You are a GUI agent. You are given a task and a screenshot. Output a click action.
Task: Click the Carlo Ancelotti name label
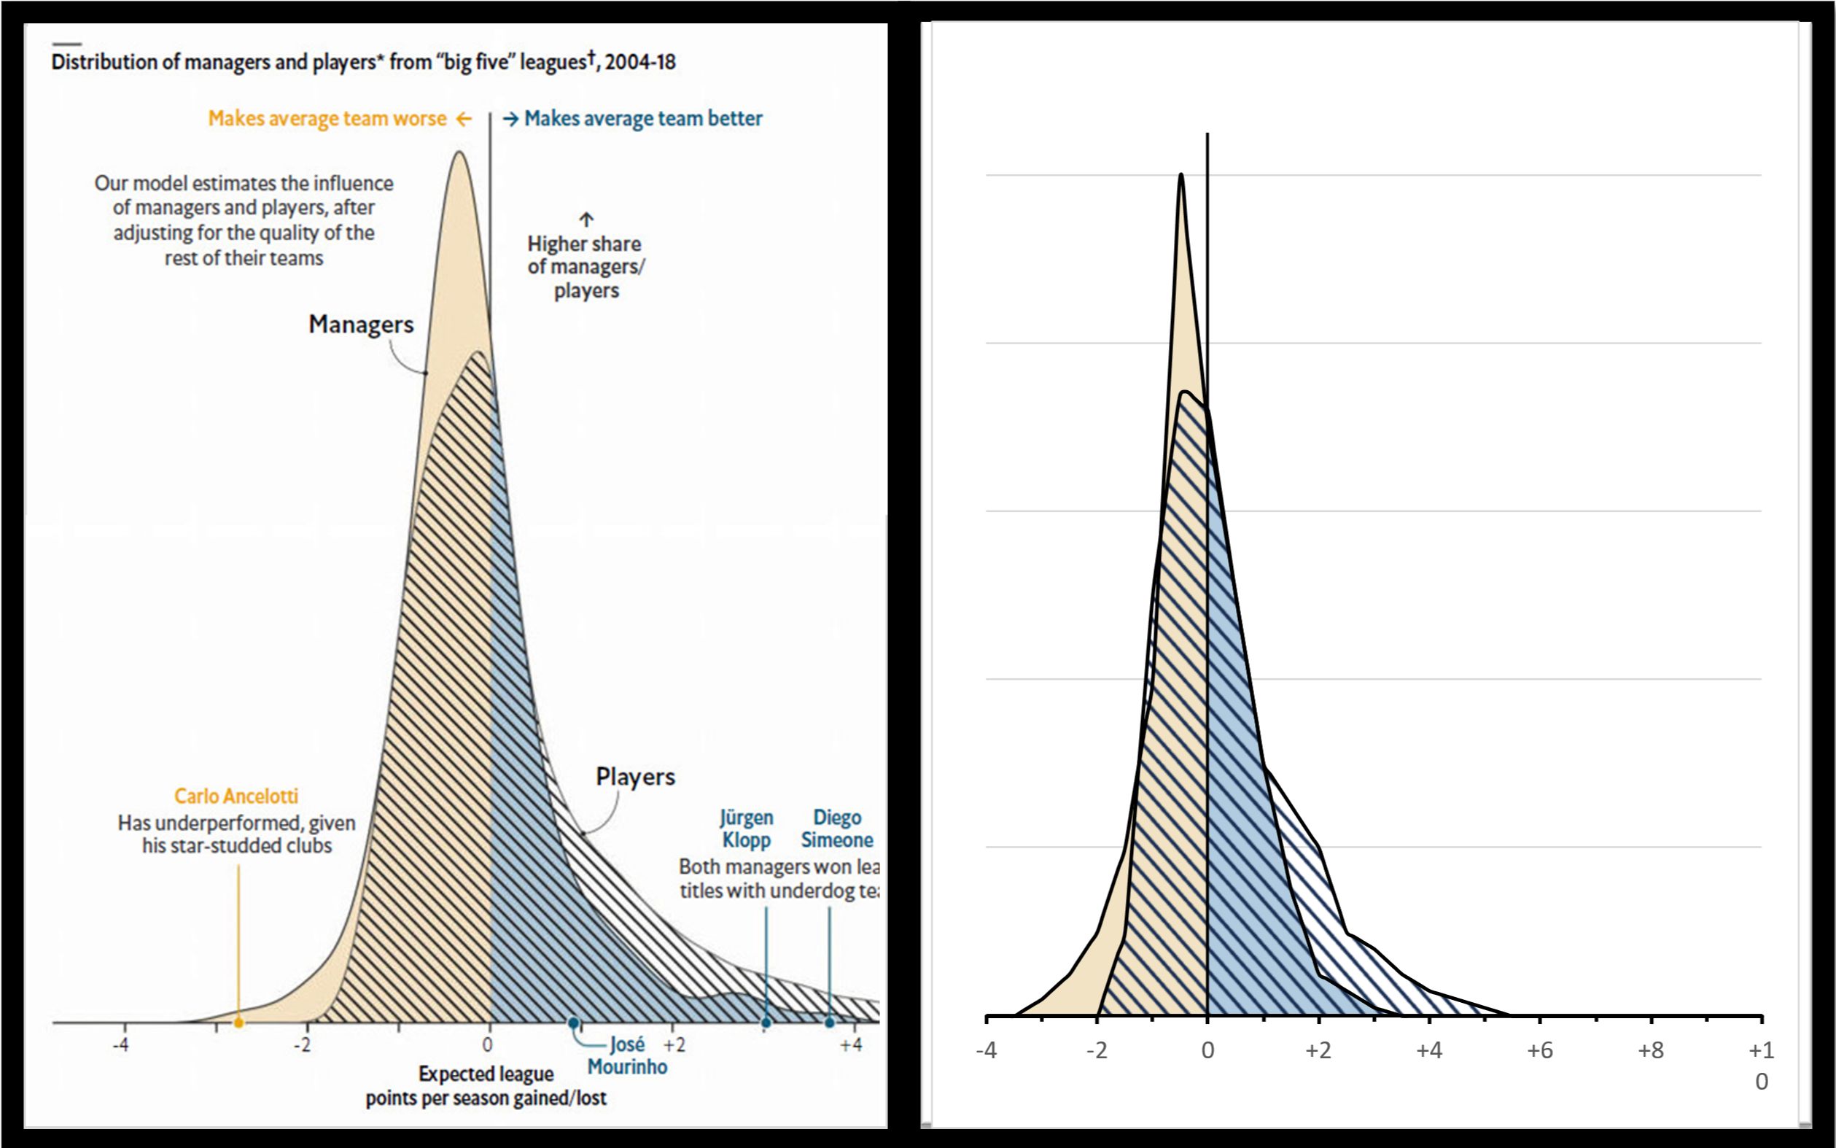coord(236,796)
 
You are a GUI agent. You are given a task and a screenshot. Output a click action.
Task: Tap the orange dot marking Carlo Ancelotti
coord(238,1023)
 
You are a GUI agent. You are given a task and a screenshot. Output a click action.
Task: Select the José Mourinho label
coord(627,1055)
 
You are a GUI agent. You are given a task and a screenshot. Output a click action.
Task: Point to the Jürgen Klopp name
coord(746,829)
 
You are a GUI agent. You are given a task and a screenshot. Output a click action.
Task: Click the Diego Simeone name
coord(837,829)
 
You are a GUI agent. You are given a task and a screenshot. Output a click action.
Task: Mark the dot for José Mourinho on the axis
coord(573,1023)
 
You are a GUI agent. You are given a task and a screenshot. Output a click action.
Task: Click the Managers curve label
coord(360,325)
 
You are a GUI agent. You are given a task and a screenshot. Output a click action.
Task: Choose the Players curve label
coord(635,777)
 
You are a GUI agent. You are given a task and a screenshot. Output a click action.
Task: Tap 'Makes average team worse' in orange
coord(328,118)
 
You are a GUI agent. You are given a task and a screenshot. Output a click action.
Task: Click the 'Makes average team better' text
coord(643,118)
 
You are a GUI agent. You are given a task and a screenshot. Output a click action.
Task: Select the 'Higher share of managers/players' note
coord(586,266)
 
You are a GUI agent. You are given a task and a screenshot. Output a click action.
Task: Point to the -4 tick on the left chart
coord(121,1045)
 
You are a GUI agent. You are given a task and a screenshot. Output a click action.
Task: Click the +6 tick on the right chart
coord(1540,1051)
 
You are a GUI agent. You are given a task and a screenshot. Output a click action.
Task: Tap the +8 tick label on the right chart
coord(1651,1051)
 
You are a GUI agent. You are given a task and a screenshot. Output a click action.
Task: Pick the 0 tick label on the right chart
coord(1207,1051)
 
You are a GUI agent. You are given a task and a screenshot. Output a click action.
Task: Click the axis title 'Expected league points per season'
coord(486,1086)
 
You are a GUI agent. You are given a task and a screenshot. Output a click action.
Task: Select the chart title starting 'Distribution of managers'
coord(363,62)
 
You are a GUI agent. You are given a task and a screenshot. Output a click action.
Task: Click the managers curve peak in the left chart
coord(459,152)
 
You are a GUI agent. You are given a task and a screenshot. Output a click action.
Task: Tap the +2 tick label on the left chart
coord(674,1045)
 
